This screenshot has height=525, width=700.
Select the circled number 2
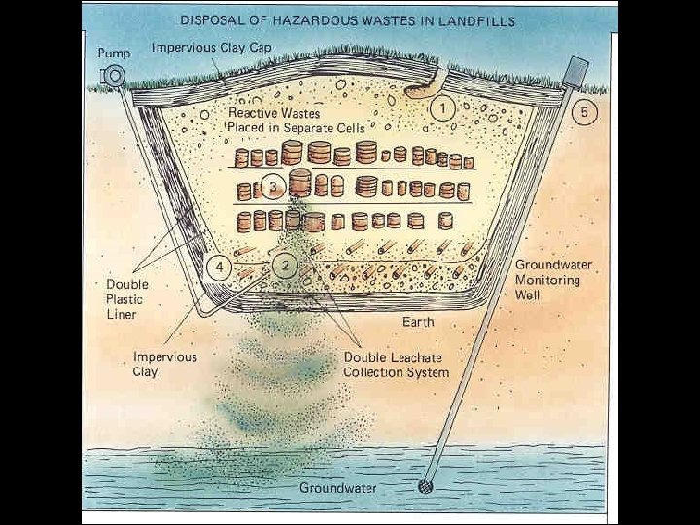[x=284, y=262]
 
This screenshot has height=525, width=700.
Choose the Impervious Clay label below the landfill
[x=164, y=364]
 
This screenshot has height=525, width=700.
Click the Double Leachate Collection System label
[x=397, y=364]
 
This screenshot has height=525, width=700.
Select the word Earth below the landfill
[x=420, y=321]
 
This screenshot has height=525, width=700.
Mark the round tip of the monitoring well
[x=425, y=486]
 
